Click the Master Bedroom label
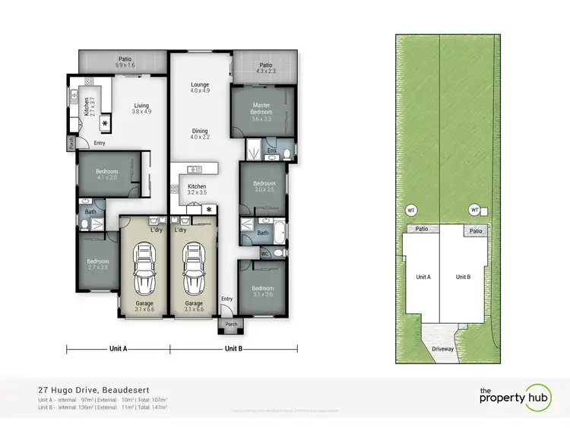pos(261,112)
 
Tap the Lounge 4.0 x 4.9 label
pos(199,87)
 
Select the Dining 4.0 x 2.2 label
pos(199,133)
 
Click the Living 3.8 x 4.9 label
pos(142,109)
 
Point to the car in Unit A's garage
pos(144,271)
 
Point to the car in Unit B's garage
pos(193,271)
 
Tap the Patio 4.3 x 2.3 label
pos(265,68)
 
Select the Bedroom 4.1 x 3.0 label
pos(106,175)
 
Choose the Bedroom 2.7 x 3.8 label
pos(98,264)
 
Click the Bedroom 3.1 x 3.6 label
pos(262,292)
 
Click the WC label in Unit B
pos(265,252)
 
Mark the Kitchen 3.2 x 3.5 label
pos(197,189)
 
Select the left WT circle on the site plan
pos(411,209)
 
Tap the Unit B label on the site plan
pos(463,277)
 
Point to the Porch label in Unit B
pos(230,324)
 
